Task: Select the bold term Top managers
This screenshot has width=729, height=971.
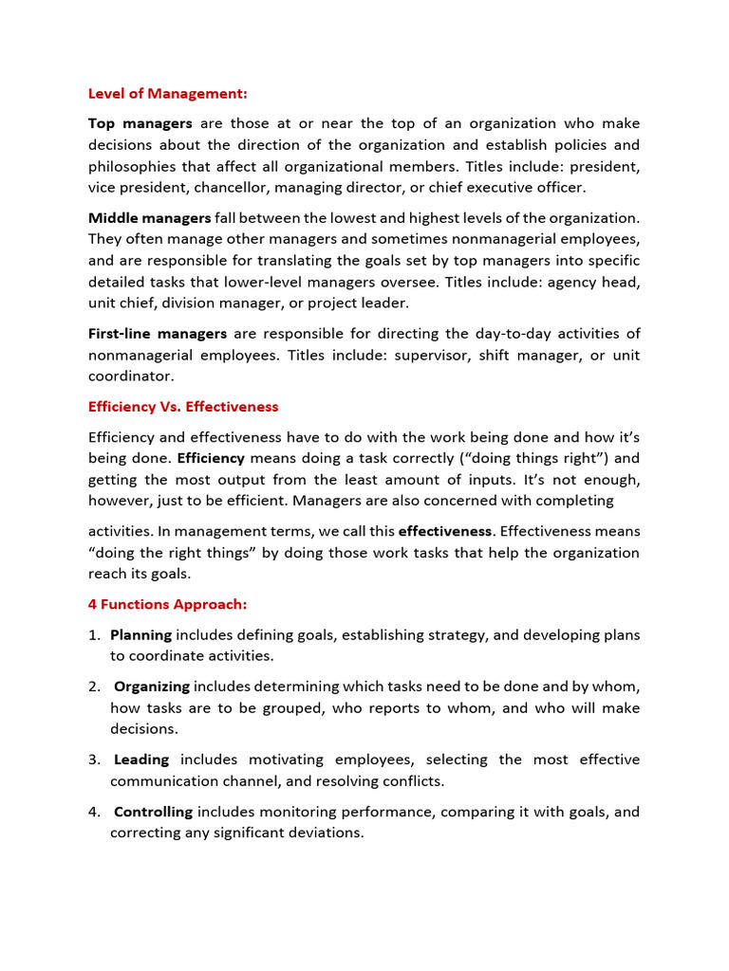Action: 140,123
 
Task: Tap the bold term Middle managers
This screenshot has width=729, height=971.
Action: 149,218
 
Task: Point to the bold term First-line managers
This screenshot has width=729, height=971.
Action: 157,334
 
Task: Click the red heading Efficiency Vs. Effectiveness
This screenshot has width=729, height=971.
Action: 183,407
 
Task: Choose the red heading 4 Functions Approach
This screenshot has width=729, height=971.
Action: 167,604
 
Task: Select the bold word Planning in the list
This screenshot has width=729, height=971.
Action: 140,634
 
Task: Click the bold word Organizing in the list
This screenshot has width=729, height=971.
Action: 152,687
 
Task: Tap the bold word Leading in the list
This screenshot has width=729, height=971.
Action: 141,760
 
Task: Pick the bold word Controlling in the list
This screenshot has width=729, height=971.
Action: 153,812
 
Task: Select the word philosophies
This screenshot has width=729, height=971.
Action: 132,166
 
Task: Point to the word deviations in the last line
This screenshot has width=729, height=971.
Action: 327,833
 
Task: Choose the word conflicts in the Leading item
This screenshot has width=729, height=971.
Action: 415,781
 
